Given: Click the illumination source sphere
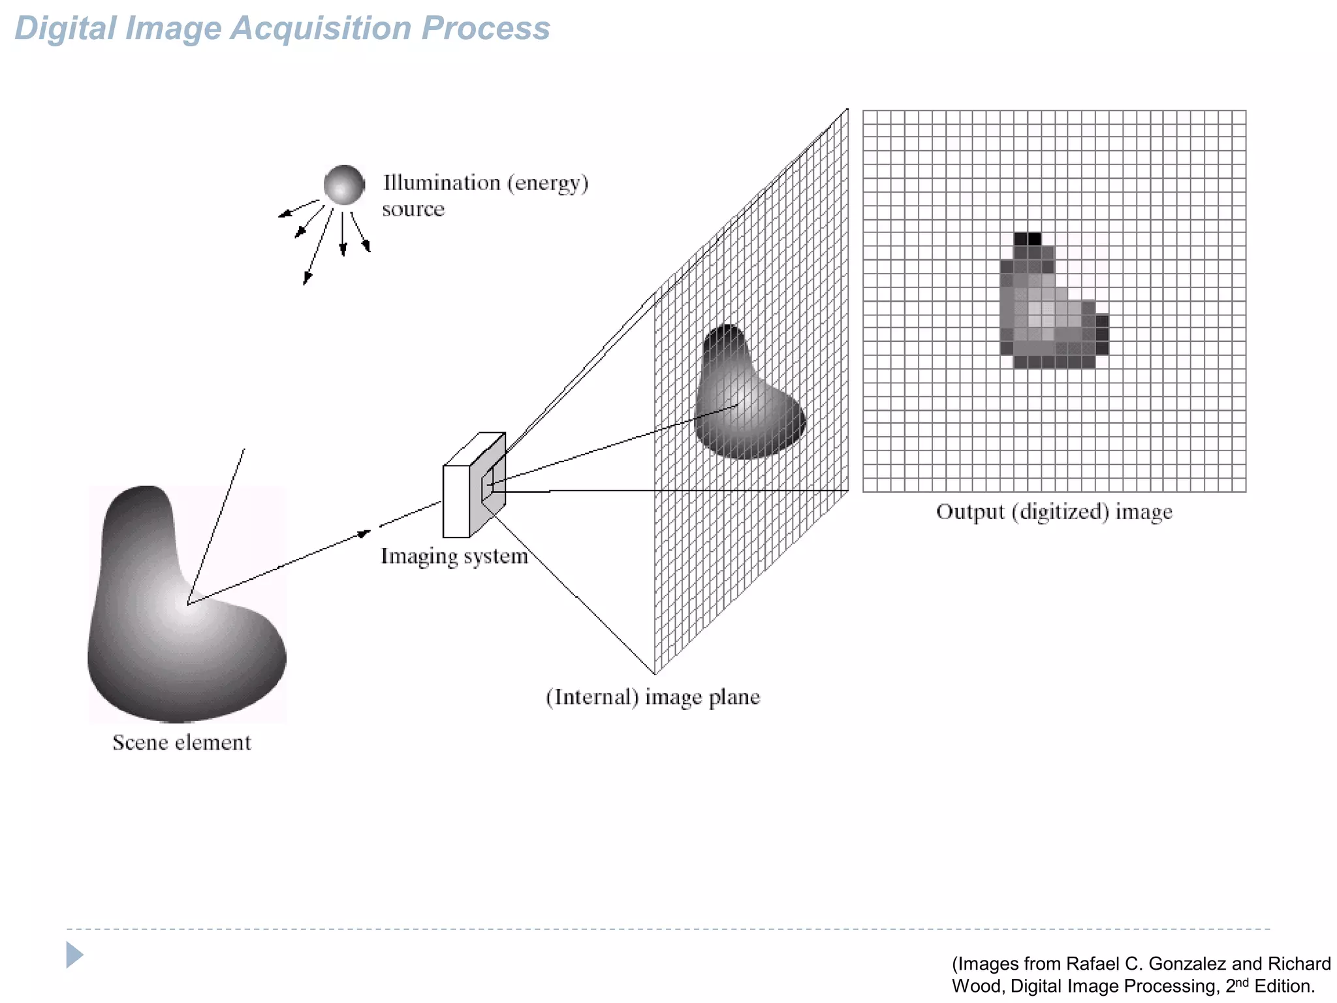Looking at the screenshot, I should point(344,185).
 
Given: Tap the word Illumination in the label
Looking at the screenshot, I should point(441,183).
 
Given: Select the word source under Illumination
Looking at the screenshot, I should point(413,210).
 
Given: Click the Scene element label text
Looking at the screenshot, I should point(181,742).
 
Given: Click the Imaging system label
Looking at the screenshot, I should point(454,556).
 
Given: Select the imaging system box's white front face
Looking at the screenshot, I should point(456,501).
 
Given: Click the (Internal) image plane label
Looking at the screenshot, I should point(653,697).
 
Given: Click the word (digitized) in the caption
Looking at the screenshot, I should point(1060,512).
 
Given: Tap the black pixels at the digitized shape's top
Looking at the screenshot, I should point(1028,238).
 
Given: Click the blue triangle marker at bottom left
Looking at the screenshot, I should point(74,955).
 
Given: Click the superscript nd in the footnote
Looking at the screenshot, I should point(1241,981).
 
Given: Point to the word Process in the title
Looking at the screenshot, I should point(486,29).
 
